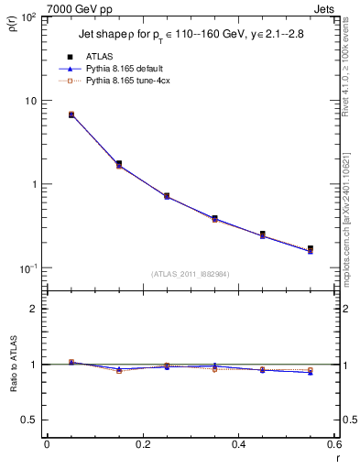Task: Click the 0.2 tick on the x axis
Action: coord(142,444)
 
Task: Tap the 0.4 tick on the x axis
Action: coord(238,444)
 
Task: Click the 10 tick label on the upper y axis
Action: coord(31,101)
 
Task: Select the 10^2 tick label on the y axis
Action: coord(29,17)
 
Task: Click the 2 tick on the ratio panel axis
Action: coord(34,309)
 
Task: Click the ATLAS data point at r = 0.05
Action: coord(71,115)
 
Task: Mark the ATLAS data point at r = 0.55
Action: coord(310,248)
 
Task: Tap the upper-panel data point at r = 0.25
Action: coord(167,196)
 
